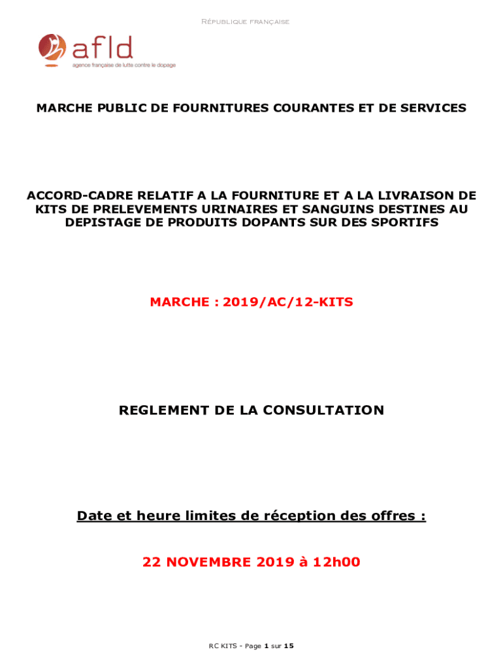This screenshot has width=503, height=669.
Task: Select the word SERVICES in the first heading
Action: tap(432, 108)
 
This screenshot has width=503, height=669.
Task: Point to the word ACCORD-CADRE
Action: tap(71, 195)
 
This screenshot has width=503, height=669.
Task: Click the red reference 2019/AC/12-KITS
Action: tap(287, 302)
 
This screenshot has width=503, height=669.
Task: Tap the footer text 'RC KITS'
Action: tap(223, 646)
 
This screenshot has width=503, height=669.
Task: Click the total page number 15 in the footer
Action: tap(289, 646)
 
